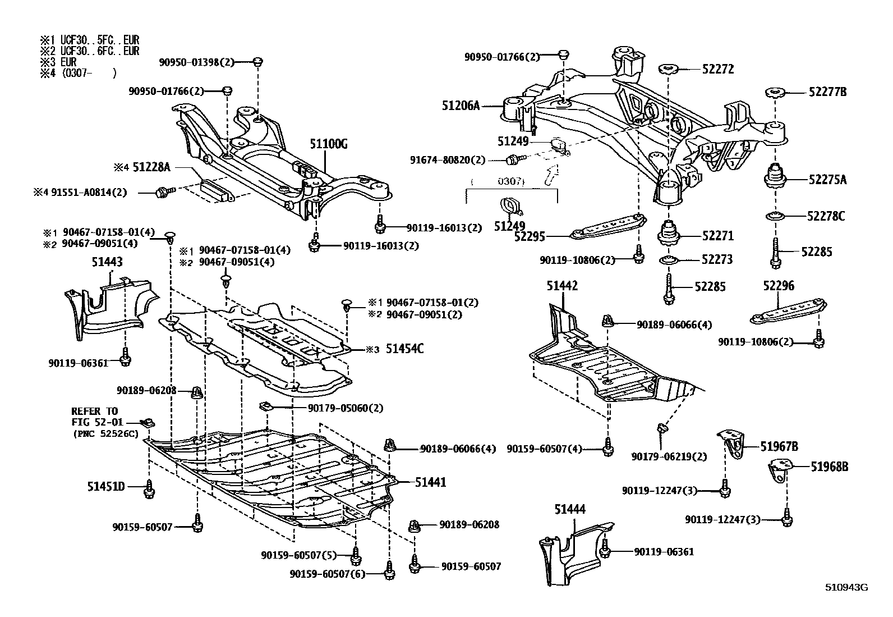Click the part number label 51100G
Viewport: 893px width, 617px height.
328,145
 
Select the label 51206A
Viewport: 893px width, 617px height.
461,104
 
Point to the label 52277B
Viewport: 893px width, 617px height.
827,92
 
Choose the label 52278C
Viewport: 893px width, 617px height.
826,216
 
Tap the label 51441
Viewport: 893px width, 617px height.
431,482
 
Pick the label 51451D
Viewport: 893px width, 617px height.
105,486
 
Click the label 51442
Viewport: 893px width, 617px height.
562,286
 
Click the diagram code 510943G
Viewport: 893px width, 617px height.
846,588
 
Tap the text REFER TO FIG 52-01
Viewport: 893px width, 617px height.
95,416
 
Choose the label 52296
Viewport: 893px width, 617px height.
779,286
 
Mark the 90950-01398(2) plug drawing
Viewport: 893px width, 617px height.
257,62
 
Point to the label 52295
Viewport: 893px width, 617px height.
530,237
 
